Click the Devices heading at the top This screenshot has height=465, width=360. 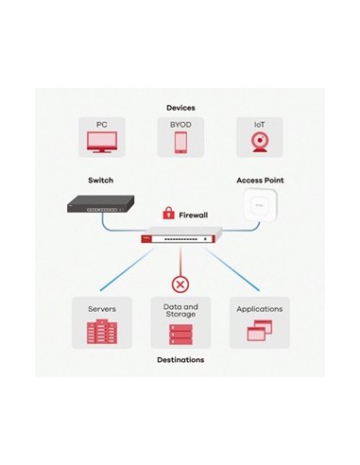click(180, 108)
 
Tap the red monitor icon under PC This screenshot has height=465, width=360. click(101, 143)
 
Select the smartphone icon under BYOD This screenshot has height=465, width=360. click(180, 142)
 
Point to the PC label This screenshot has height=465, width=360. click(101, 125)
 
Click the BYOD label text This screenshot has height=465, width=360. click(180, 125)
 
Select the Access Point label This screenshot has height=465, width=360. click(259, 179)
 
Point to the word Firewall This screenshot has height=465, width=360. click(194, 215)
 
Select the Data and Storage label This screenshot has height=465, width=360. click(180, 311)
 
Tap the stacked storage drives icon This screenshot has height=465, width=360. click(180, 334)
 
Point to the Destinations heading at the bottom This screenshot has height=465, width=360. click(180, 360)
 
